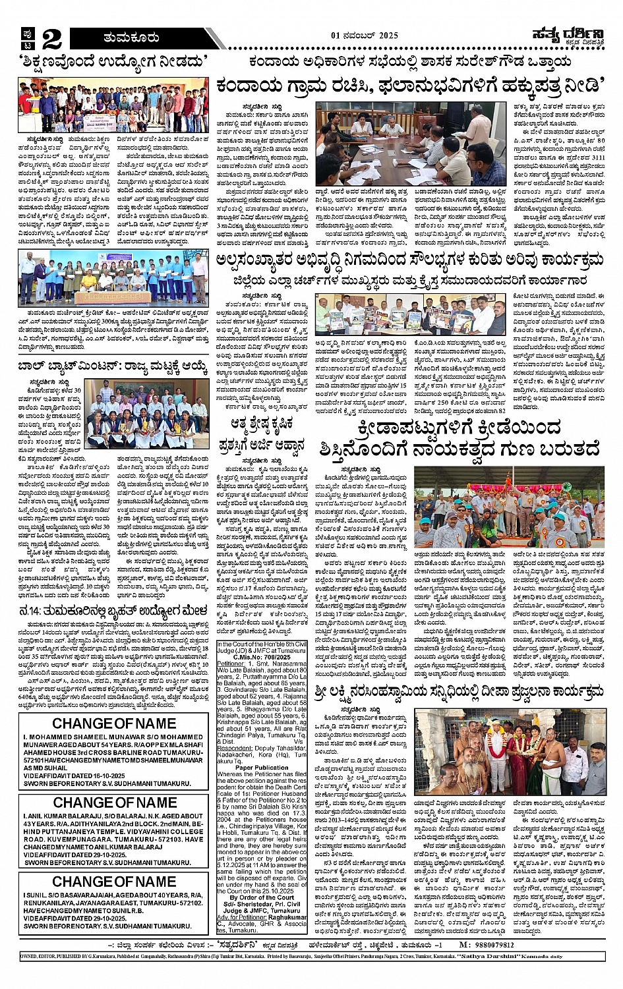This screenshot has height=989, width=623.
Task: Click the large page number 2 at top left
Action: tap(51, 39)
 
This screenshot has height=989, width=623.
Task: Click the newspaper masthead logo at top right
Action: tap(566, 37)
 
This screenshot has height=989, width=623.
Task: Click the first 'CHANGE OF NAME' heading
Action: tap(114, 723)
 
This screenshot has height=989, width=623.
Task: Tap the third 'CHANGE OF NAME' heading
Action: tap(114, 882)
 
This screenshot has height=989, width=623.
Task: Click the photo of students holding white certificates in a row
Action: tap(113, 278)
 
